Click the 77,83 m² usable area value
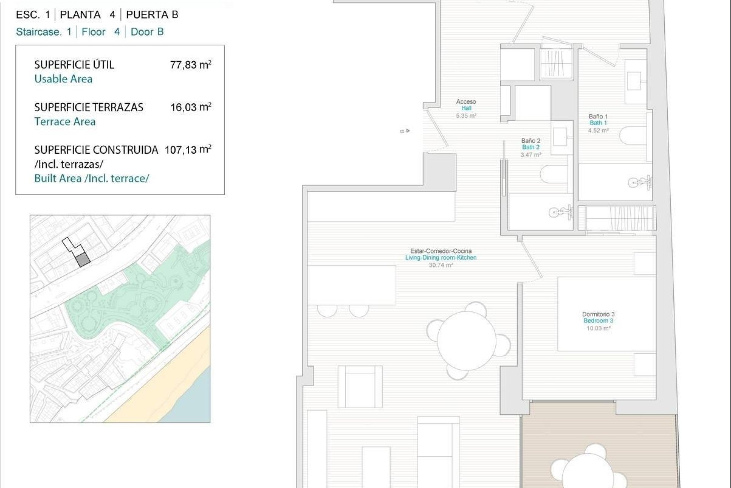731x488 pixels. click(x=190, y=64)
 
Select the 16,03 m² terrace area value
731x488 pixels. click(x=190, y=107)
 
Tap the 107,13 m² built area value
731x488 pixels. click(x=188, y=149)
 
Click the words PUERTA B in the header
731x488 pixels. click(x=152, y=14)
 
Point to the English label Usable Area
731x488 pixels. click(x=63, y=79)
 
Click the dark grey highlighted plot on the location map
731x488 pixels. click(x=82, y=260)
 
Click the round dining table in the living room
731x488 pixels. click(x=467, y=340)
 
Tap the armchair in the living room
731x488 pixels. click(x=360, y=386)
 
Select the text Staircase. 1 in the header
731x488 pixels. click(x=43, y=32)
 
